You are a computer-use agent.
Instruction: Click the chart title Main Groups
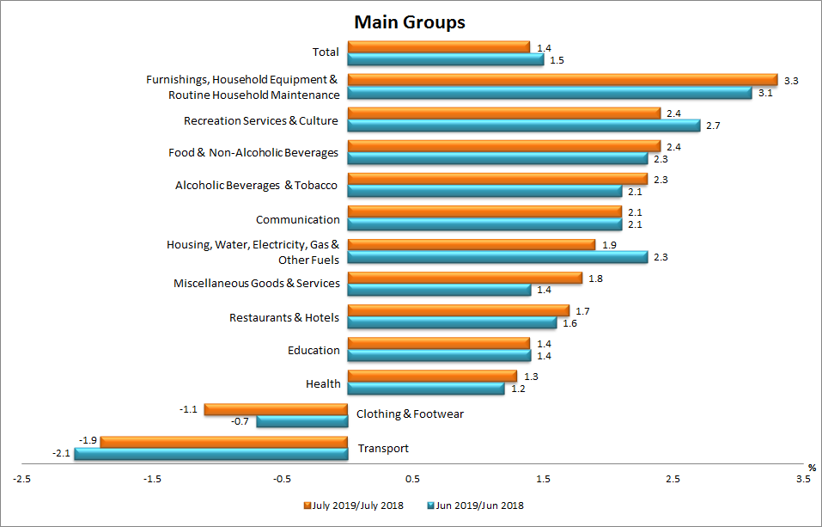point(411,22)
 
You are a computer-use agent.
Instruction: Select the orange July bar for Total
point(438,46)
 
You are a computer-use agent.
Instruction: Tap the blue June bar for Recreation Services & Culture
point(523,126)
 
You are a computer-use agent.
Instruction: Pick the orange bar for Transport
point(223,442)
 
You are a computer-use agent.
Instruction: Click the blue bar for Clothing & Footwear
point(301,421)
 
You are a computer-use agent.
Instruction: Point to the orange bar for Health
point(431,377)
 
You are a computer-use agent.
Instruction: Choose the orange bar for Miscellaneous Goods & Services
point(464,278)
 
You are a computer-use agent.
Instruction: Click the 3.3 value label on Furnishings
point(792,80)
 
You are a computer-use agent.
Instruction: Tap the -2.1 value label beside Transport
point(61,453)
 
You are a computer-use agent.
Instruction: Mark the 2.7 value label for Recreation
point(714,126)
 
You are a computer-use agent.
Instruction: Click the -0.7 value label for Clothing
point(242,421)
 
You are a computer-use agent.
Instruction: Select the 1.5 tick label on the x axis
point(543,479)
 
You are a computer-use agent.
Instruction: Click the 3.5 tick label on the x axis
point(802,479)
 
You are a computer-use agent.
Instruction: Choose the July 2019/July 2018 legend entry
point(354,506)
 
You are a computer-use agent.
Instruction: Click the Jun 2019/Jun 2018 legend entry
point(475,506)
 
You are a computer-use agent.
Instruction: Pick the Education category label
point(314,351)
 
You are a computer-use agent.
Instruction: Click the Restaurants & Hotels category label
point(284,318)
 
